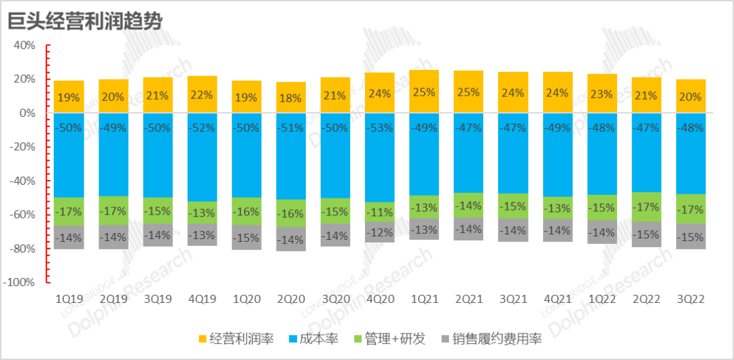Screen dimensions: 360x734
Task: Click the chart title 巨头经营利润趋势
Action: coord(84,22)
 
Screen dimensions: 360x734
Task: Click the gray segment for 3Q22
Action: coord(691,237)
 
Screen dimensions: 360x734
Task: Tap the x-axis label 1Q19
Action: coord(69,298)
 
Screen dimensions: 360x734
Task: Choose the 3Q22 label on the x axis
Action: coord(691,298)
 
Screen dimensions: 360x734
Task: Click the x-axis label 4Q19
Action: coord(202,298)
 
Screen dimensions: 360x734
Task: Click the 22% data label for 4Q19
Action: coord(202,94)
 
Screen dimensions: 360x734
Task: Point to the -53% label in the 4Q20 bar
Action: coord(379,128)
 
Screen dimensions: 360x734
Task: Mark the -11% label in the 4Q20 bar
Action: coord(379,213)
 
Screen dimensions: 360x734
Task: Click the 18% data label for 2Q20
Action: coord(290,98)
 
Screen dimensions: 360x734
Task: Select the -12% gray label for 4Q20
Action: coord(379,233)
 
